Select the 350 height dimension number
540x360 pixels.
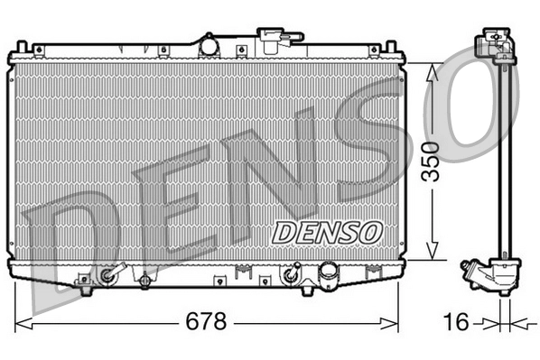(433, 160)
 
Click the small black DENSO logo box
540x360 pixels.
(329, 231)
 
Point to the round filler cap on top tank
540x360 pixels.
(209, 43)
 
